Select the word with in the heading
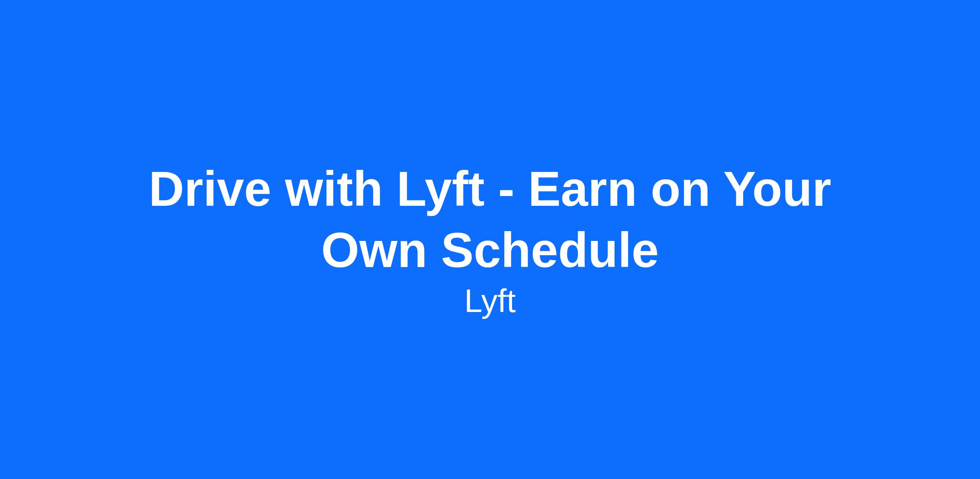click(x=333, y=189)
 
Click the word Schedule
click(x=550, y=250)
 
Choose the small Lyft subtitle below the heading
click(x=490, y=303)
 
